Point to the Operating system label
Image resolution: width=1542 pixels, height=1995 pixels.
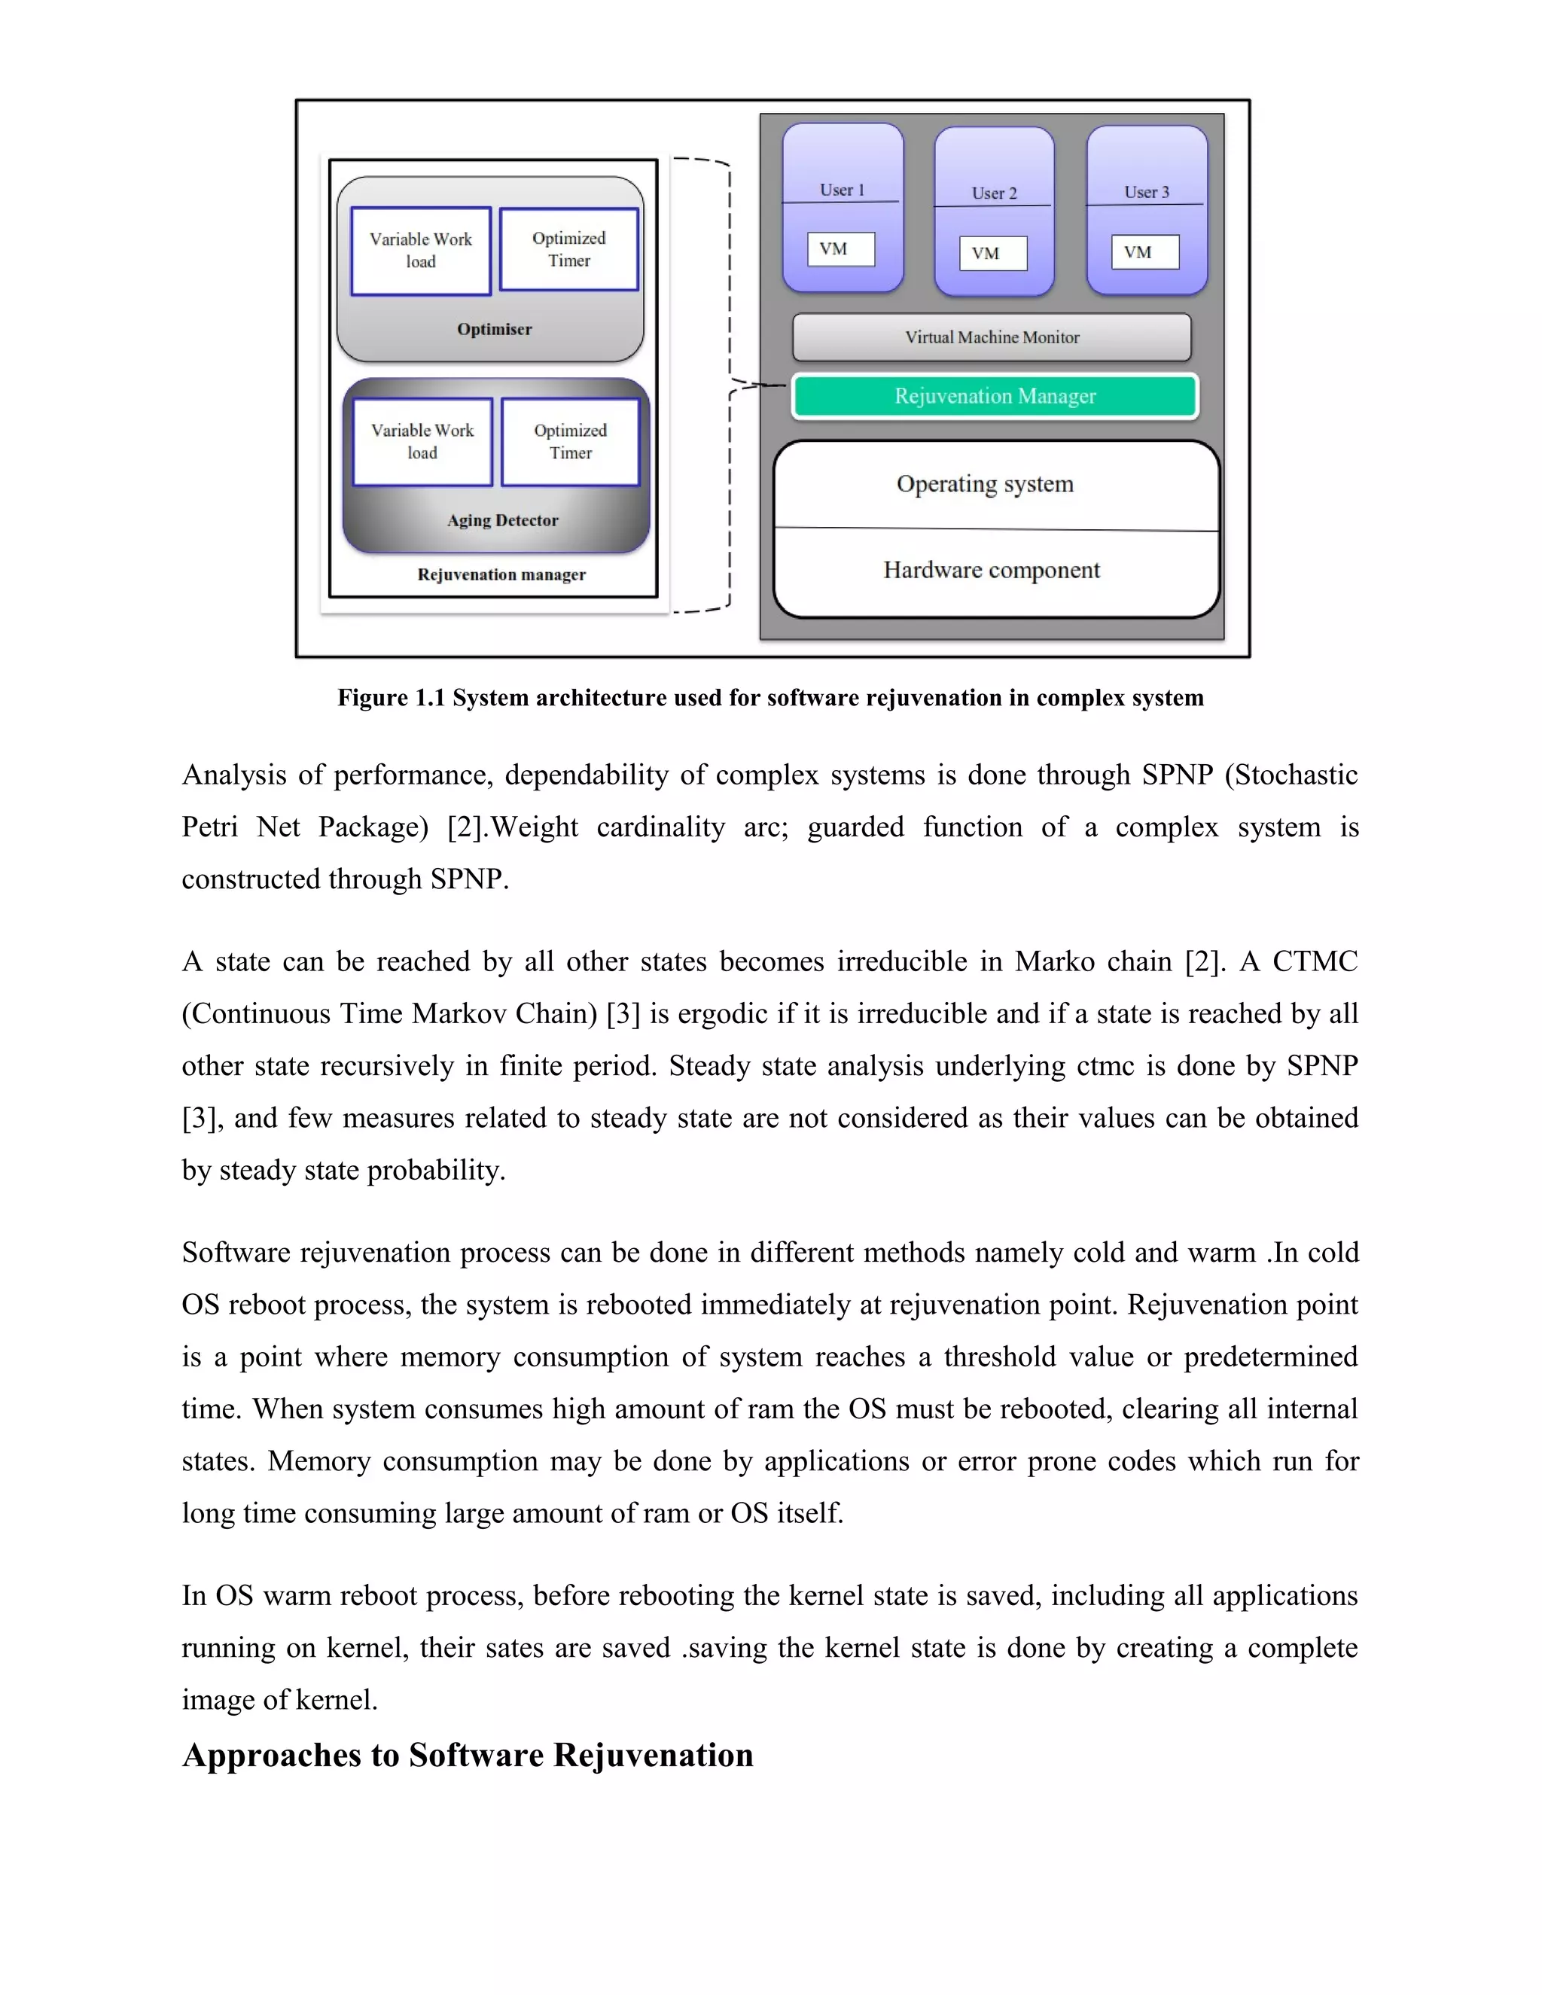985,484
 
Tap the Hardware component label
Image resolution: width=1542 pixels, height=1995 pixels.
991,571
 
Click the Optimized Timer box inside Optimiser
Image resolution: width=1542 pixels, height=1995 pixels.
568,249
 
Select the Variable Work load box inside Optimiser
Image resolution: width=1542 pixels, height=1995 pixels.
420,250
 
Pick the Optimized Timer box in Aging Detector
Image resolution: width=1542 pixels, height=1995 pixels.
570,441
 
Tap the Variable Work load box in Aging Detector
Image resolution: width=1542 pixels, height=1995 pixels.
422,441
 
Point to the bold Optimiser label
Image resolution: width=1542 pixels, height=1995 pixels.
494,330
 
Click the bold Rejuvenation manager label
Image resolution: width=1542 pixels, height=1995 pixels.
501,574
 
